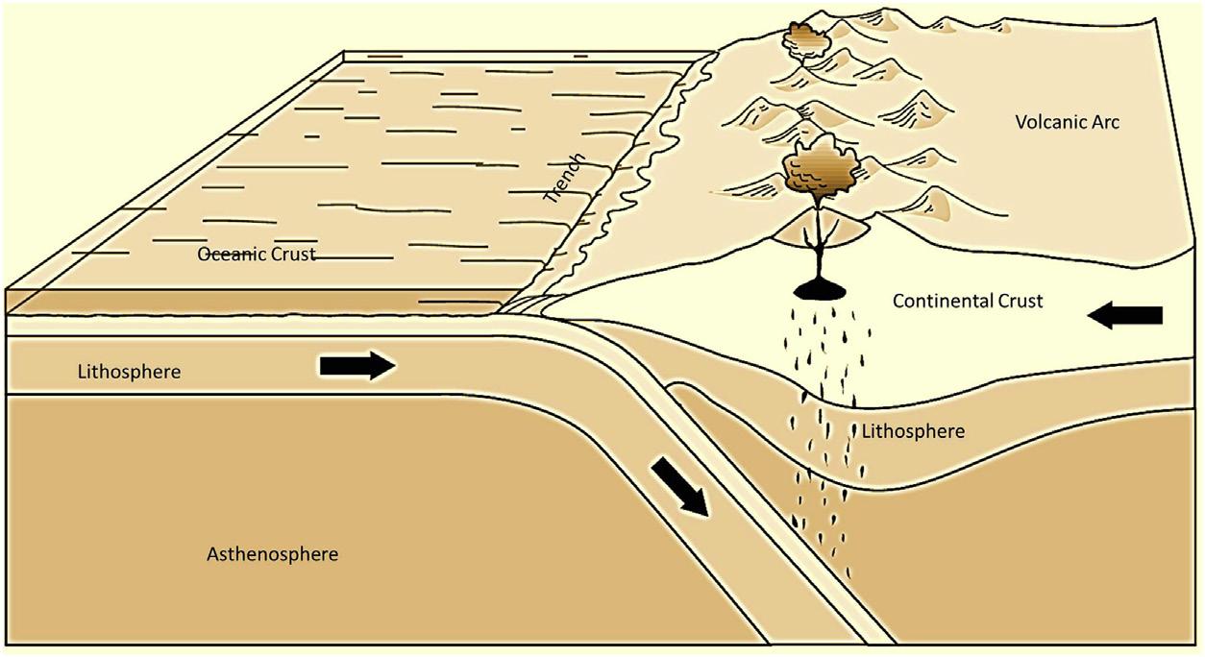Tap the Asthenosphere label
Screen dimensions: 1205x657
(273, 554)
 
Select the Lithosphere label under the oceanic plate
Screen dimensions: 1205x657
(129, 372)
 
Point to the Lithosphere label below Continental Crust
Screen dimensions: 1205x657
(913, 431)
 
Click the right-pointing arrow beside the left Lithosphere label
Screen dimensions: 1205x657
(357, 365)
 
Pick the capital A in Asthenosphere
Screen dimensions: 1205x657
(213, 554)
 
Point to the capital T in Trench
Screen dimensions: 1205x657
(551, 197)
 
